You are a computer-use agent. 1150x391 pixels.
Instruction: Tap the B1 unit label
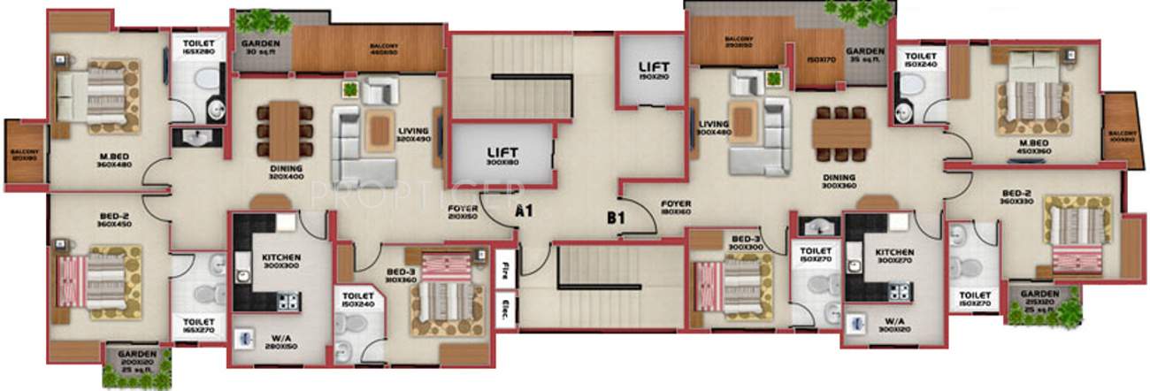(617, 215)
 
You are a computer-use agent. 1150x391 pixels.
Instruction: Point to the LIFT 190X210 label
(650, 71)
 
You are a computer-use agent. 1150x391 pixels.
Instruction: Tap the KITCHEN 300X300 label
(281, 262)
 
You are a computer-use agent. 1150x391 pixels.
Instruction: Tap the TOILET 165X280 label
(199, 48)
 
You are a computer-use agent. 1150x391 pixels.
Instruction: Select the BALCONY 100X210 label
(1118, 136)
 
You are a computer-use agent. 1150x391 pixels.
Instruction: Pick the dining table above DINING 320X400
(284, 130)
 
